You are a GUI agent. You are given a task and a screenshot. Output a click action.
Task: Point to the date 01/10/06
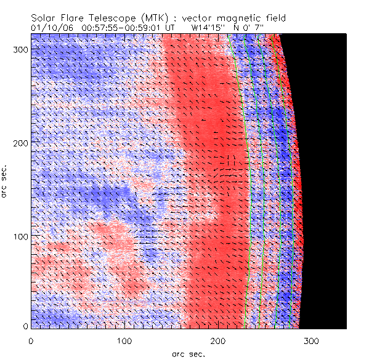[50, 27]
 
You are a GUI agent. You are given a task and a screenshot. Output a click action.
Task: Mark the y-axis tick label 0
[25, 326]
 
